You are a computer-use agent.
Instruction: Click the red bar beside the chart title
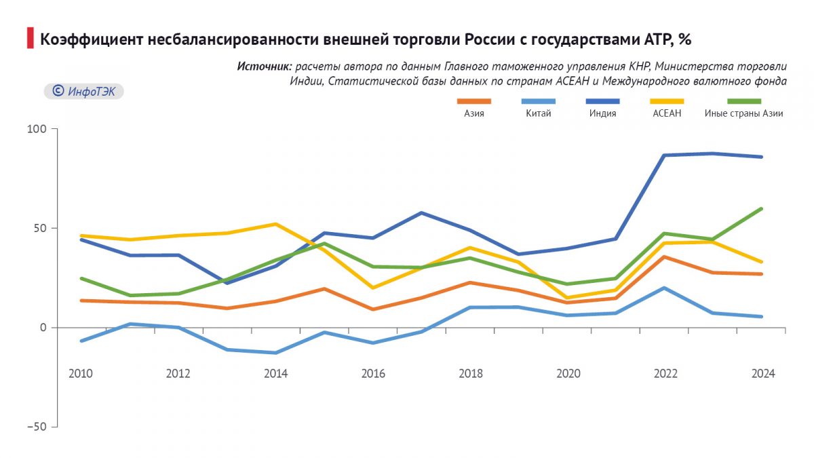30,38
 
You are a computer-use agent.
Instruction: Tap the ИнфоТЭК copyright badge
84,91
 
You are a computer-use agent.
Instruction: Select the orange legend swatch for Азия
474,101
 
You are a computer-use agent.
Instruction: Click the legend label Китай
539,114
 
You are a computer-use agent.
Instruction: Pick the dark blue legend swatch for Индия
603,101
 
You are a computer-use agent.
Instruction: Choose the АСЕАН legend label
667,114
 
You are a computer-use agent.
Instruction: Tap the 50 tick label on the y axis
40,228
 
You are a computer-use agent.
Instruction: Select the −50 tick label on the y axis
38,427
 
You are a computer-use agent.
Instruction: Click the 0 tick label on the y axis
43,328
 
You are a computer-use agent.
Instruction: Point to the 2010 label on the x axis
81,374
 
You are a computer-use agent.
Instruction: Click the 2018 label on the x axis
471,374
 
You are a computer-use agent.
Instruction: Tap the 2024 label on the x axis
762,374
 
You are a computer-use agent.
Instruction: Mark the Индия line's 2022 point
665,155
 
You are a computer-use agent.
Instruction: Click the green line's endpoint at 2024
762,209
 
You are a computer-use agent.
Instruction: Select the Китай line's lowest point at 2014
275,353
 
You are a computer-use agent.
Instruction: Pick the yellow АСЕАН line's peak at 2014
275,224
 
